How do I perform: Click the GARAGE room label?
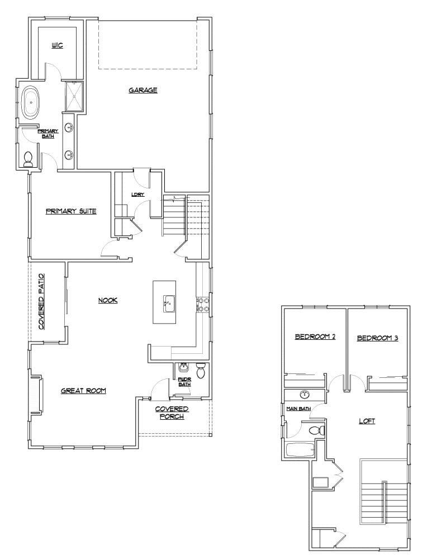pos(143,90)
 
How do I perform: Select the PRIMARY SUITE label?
pos(71,211)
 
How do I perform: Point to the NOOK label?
pos(108,300)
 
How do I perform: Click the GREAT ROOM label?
pos(83,391)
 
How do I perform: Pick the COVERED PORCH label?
pos(172,413)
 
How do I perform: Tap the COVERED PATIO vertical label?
pos(41,302)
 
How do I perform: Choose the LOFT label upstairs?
pos(367,421)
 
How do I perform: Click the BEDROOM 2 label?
pos(315,337)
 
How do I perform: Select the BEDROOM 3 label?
pos(377,338)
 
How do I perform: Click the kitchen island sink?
pos(166,305)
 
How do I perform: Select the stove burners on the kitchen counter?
pos(202,305)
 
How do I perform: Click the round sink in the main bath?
pos(305,395)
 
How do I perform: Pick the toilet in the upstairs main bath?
pos(317,430)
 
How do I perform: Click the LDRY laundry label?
pos(137,195)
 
